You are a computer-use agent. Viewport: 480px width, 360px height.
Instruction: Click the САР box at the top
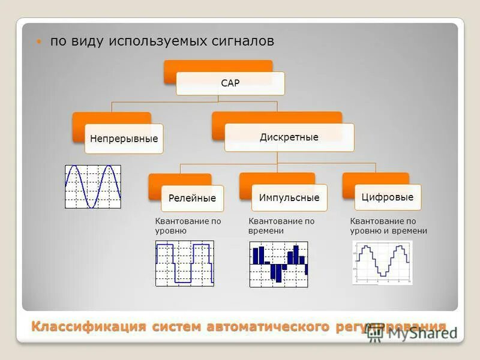230,83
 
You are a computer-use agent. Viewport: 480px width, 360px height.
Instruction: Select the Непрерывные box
124,139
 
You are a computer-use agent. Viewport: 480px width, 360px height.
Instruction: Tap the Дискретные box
289,137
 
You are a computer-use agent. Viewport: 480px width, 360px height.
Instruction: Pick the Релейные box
192,198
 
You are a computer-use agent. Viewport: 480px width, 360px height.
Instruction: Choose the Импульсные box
289,197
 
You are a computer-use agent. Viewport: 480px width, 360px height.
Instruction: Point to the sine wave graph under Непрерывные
93,187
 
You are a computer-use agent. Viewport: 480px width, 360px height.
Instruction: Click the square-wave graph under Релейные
184,263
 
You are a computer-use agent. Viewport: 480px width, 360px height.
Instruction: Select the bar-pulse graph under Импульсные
278,264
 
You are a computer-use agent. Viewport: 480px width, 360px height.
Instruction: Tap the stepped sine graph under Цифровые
382,262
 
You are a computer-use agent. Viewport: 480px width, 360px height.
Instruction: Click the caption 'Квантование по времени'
281,226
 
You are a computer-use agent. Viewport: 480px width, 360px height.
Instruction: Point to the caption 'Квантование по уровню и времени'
388,226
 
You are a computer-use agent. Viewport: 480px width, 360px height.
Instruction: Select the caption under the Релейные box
188,226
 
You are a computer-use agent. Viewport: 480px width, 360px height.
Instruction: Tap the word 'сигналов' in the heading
242,41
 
